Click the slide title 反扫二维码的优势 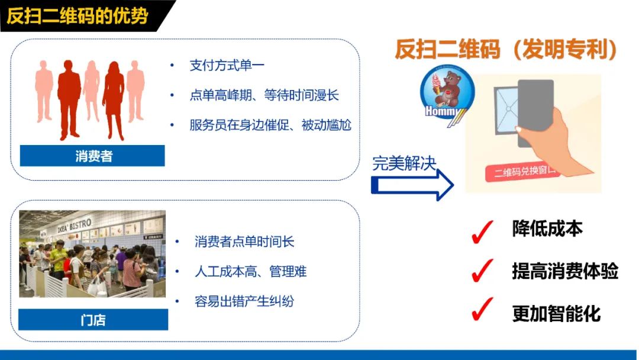[78, 16]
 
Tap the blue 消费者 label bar [92, 156]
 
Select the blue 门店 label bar [93, 320]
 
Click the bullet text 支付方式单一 [227, 65]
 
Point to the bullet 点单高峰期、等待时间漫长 [264, 95]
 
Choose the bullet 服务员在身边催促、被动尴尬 [270, 125]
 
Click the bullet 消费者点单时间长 [244, 242]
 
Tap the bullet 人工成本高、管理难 [250, 271]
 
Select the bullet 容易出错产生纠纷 [244, 301]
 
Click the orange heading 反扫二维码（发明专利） [506, 49]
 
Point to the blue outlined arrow [412, 185]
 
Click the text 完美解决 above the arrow [404, 163]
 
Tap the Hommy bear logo [447, 97]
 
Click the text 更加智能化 [556, 313]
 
